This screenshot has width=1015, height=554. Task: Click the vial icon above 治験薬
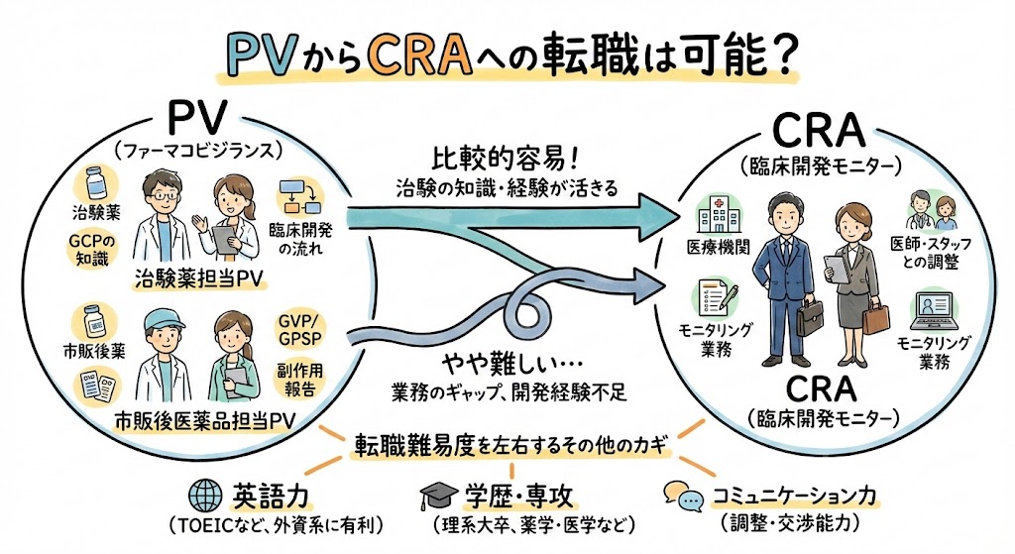click(96, 184)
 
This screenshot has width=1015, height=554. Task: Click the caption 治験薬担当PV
click(201, 280)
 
